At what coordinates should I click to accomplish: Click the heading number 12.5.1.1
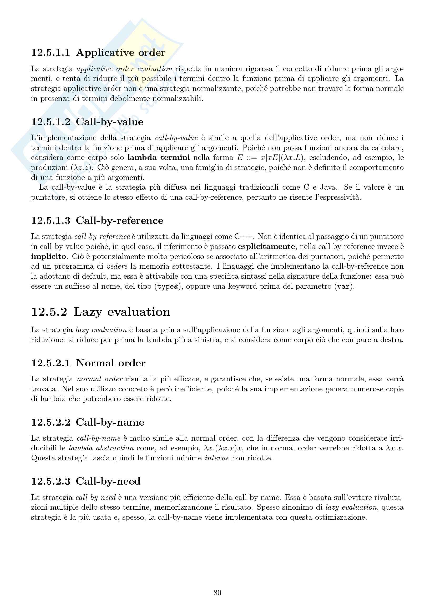pos(50,53)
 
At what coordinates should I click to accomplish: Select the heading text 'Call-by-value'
pos(110,122)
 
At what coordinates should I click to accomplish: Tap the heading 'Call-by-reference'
pos(119,220)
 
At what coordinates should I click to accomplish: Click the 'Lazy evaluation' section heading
pos(122,312)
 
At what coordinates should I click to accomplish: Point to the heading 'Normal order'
pos(111,363)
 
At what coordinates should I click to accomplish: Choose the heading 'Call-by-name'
pos(110,422)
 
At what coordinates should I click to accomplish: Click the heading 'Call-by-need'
pos(108,481)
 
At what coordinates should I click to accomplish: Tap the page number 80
pos(217,593)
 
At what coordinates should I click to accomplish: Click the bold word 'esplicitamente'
pos(267,247)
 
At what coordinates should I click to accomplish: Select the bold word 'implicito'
pos(48,257)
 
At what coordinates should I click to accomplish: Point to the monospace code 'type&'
pos(168,287)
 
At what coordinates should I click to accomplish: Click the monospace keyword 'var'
pos(343,287)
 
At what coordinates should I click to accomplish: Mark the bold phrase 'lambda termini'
pos(159,157)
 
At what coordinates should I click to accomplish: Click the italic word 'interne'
pos(217,458)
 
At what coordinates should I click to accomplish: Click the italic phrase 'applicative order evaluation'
pos(124,69)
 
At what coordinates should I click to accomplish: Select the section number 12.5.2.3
pos(50,481)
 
